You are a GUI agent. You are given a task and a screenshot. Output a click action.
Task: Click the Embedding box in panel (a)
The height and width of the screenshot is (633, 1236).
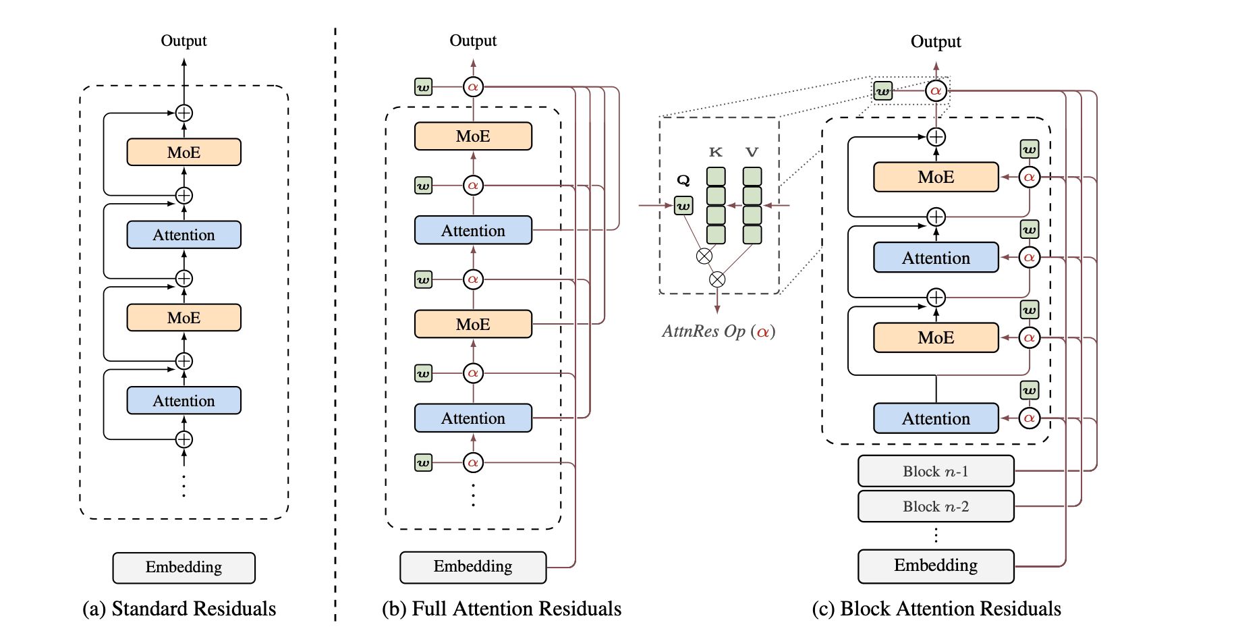[x=184, y=568]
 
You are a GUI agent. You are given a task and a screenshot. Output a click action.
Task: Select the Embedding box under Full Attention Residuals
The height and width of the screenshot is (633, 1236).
[x=472, y=567]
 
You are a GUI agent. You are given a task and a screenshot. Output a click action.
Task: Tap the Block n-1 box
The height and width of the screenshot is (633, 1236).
[x=935, y=471]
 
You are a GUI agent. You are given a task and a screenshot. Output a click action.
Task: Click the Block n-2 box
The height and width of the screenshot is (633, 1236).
[x=935, y=506]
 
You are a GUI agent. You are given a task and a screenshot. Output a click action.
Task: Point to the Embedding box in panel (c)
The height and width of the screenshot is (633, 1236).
[x=935, y=566]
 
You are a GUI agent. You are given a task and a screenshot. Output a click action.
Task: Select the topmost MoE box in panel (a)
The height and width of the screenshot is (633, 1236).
[x=184, y=153]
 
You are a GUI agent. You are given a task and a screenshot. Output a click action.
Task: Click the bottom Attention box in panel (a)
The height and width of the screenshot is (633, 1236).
[x=184, y=401]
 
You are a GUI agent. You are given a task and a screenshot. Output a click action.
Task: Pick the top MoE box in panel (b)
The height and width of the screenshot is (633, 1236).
[x=472, y=136]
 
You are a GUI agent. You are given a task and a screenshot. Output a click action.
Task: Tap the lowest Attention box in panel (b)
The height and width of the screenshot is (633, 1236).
[x=472, y=418]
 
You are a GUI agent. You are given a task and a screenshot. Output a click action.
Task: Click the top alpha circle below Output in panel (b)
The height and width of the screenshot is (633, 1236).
[x=473, y=87]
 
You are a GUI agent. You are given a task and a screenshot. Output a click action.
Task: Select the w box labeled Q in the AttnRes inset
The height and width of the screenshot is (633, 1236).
[x=683, y=206]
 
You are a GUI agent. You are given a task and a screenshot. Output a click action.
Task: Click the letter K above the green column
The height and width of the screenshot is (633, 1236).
[x=716, y=153]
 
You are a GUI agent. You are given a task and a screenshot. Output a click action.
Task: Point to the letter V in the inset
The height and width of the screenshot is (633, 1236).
[x=752, y=153]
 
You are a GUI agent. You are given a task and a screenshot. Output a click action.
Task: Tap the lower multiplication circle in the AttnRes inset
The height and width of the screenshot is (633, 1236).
[x=717, y=279]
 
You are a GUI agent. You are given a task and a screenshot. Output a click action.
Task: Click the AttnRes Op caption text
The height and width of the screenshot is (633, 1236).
[x=718, y=331]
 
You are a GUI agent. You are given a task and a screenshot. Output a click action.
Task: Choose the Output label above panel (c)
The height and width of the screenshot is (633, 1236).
[x=935, y=42]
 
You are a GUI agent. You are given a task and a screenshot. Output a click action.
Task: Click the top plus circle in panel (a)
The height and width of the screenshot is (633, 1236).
[x=184, y=113]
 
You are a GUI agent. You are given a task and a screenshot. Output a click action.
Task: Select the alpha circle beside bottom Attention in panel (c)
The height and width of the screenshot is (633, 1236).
[x=1029, y=418]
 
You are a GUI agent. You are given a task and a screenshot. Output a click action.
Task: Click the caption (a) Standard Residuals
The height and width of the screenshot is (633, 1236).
[x=179, y=609]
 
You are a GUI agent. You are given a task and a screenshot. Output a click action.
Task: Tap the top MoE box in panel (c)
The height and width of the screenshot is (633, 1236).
[x=935, y=177]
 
